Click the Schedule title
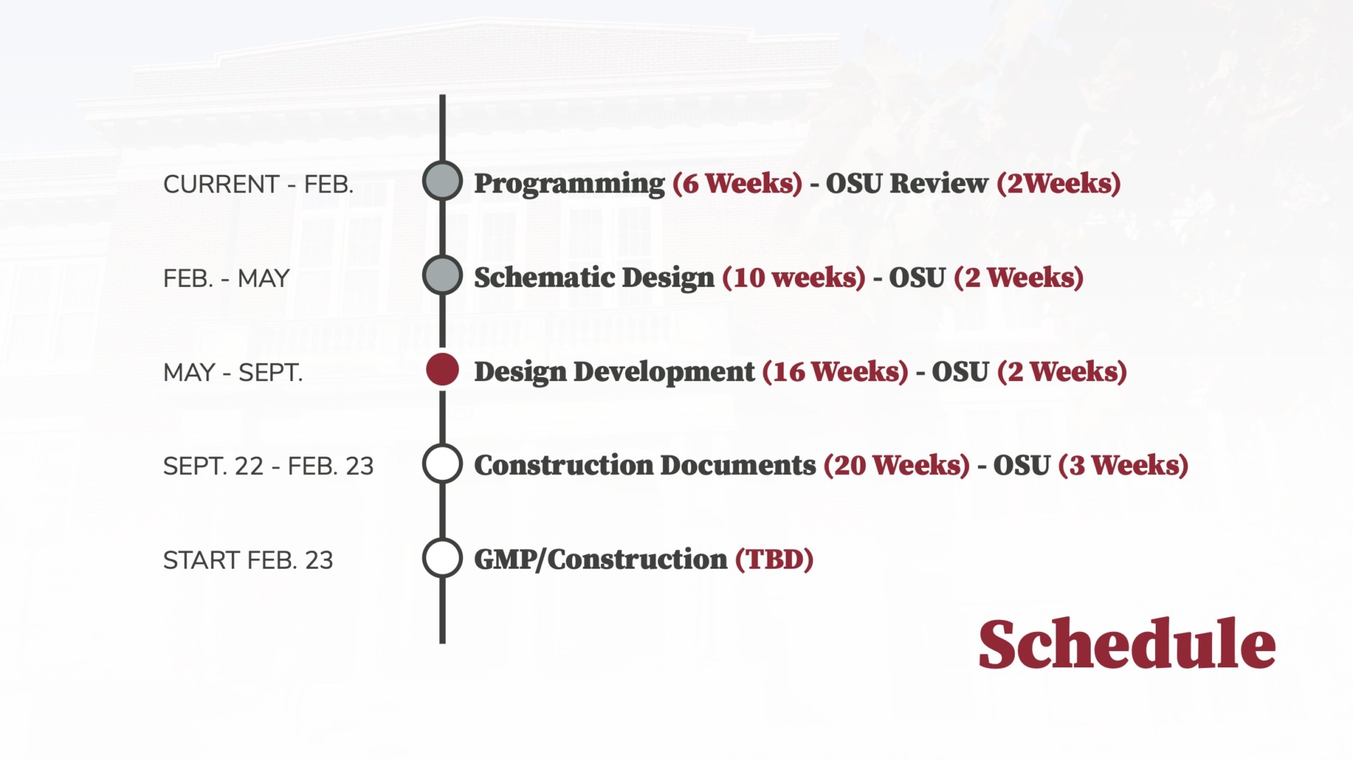pos(1127,643)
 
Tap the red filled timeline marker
pos(443,370)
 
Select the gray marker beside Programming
pos(443,181)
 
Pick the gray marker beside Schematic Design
pos(443,276)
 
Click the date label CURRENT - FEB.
pos(259,185)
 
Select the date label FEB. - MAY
pos(226,278)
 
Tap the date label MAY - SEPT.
pos(233,372)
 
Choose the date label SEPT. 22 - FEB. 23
pos(268,466)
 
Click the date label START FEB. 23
pos(248,560)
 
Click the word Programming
pos(569,184)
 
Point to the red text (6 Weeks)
pos(737,183)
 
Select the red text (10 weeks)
pos(793,278)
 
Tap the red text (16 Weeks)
pos(835,371)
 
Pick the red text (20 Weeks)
pos(896,465)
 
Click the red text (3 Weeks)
pos(1123,465)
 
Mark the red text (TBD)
pos(774,559)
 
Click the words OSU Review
pos(907,183)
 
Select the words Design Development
pos(614,372)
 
